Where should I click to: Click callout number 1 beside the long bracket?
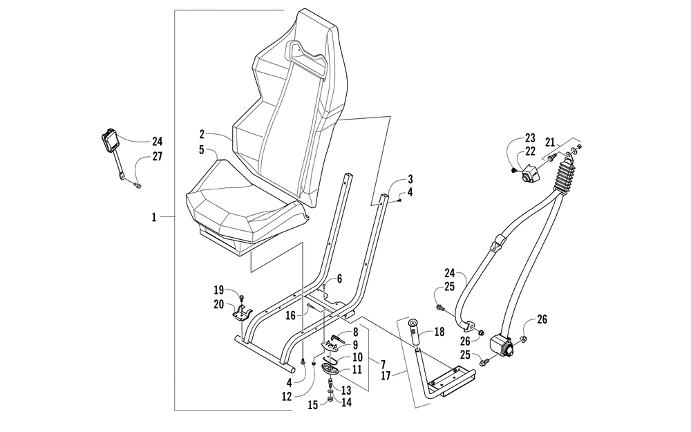(154, 217)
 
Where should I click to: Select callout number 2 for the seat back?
(201, 134)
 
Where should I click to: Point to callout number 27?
(158, 156)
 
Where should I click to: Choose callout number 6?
(339, 279)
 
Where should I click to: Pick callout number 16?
(290, 315)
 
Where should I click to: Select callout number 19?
(219, 290)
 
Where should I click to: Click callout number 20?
(219, 304)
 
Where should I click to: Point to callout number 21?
(550, 142)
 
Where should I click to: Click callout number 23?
(530, 138)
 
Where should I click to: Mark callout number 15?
(312, 404)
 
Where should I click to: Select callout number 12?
(287, 397)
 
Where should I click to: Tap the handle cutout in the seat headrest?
(308, 59)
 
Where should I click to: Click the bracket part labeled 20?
(242, 312)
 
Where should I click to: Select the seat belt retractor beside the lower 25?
(503, 346)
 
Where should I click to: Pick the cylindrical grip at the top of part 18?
(414, 334)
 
